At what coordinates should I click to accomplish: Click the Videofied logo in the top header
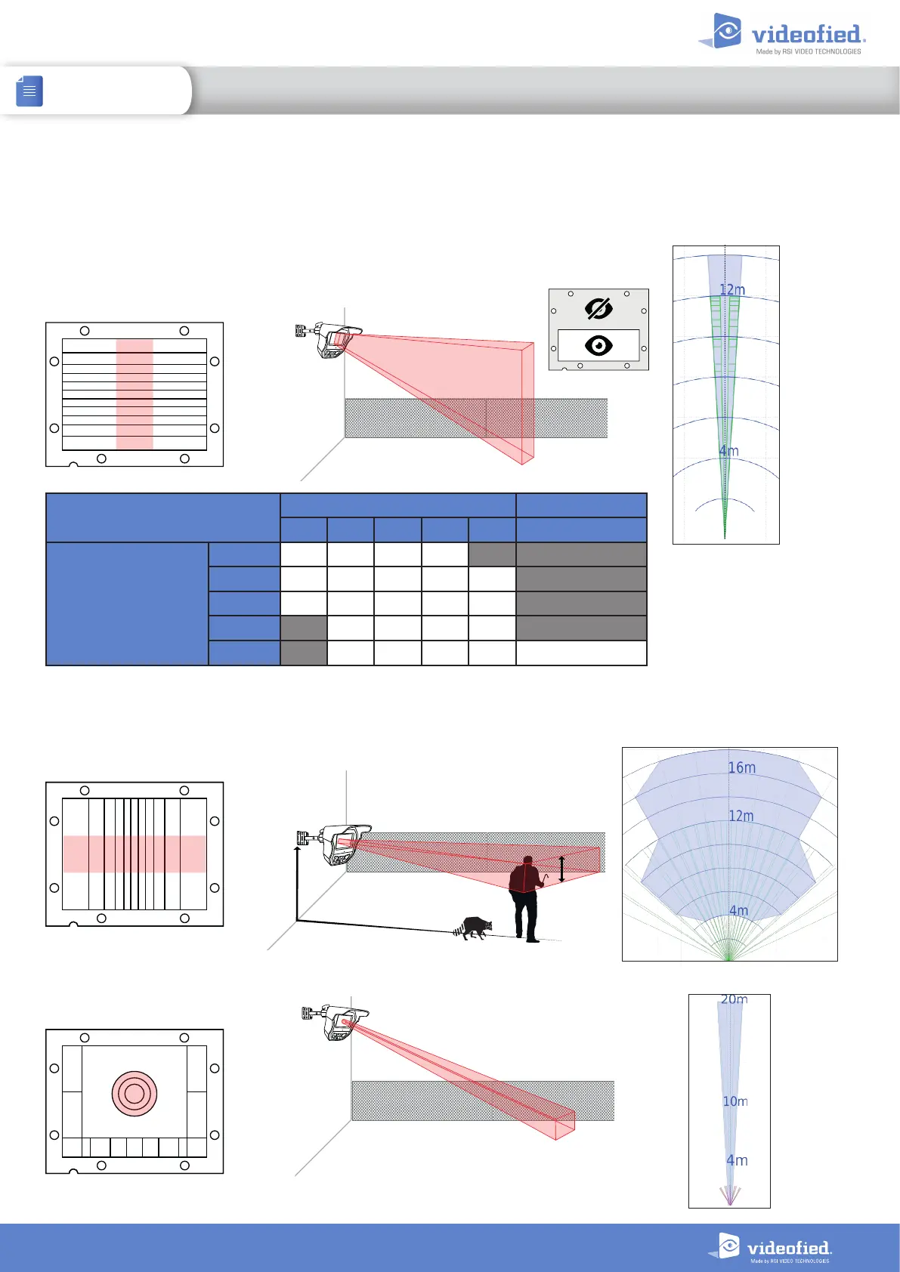click(783, 34)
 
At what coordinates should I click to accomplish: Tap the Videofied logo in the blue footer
click(771, 1248)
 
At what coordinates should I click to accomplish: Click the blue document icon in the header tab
click(29, 91)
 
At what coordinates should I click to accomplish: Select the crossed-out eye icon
click(598, 309)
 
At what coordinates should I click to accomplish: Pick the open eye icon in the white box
click(598, 346)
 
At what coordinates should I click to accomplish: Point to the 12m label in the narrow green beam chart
click(732, 290)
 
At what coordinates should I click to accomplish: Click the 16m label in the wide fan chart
click(741, 767)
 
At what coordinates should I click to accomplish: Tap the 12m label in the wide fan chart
click(741, 816)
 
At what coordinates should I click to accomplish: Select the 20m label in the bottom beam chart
click(734, 999)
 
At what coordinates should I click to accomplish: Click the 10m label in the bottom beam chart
click(735, 1101)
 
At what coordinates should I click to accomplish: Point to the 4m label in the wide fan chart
click(738, 910)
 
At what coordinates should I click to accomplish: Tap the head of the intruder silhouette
click(528, 860)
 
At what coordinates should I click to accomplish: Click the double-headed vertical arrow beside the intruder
click(561, 869)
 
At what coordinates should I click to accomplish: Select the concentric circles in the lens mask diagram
click(135, 1093)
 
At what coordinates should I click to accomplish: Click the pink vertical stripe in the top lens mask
click(135, 394)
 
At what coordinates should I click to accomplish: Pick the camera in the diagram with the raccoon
click(337, 844)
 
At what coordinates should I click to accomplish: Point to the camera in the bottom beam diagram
click(337, 1021)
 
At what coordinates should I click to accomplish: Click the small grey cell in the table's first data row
click(492, 554)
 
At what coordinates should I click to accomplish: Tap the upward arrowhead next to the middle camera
click(297, 851)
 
